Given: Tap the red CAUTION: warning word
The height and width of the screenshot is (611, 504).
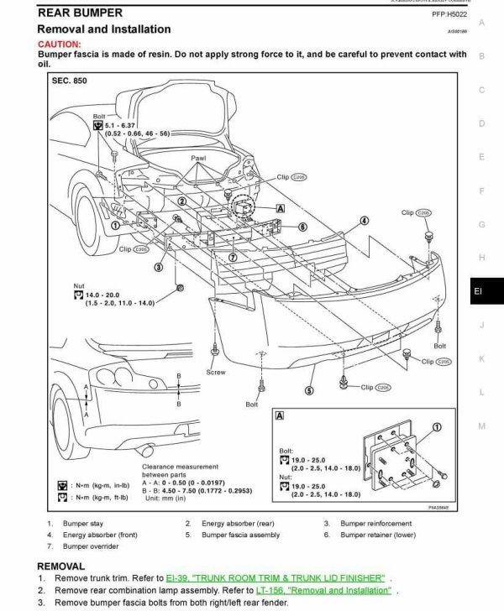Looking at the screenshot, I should coord(59,44).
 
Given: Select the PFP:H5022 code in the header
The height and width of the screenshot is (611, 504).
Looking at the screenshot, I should coord(450,14).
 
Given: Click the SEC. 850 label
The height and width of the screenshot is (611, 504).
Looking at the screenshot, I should coord(70,81).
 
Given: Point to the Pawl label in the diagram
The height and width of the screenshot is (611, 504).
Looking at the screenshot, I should coord(198,158).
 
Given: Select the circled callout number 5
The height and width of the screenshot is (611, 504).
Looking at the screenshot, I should coord(309,390).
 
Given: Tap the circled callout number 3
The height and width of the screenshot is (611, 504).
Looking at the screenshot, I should coord(157,267).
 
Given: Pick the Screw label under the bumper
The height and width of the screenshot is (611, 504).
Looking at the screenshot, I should coord(216,372).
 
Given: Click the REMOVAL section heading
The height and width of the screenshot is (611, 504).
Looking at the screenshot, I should coord(61,566).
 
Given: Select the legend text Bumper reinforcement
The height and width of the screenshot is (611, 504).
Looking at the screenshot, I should coord(375,523).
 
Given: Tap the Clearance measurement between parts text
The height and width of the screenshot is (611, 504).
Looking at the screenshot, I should coord(180,471).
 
